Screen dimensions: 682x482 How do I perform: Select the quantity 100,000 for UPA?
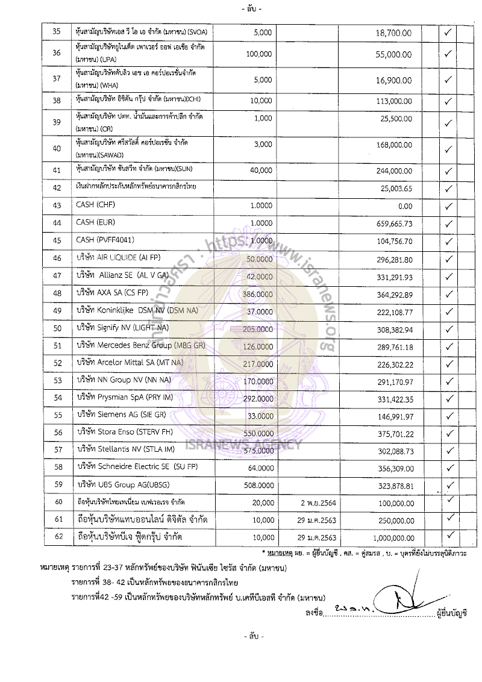tap(259, 54)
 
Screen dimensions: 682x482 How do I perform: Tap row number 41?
tap(57, 171)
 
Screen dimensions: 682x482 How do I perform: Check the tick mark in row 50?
tap(448, 329)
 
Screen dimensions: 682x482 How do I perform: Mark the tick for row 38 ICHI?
tap(448, 101)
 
